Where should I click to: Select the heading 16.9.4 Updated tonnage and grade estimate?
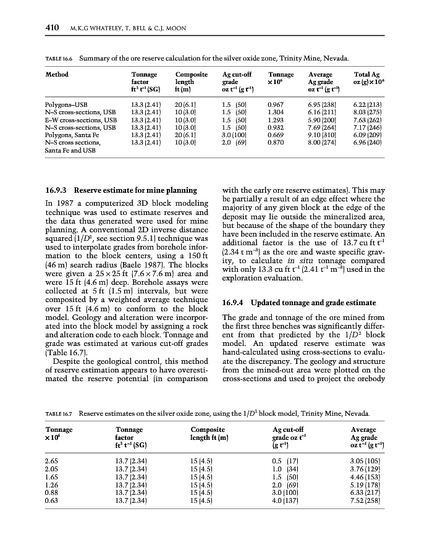click(298, 302)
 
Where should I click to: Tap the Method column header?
click(57, 74)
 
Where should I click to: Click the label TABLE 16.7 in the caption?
click(61, 413)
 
